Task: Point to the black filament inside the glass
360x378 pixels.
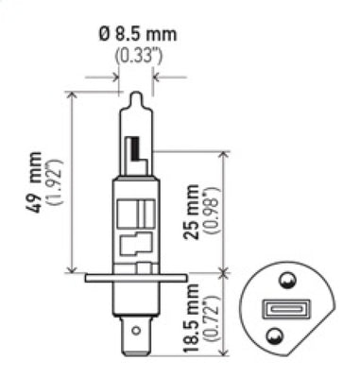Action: pyautogui.click(x=137, y=147)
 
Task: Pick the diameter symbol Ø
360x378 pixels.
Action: pyautogui.click(x=107, y=35)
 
